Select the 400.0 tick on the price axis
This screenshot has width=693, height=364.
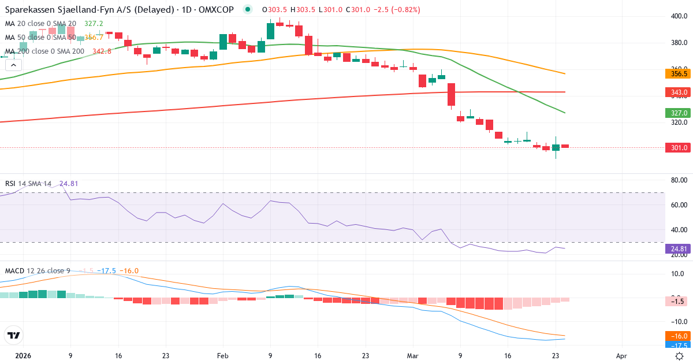click(679, 16)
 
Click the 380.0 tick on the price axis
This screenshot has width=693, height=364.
click(679, 43)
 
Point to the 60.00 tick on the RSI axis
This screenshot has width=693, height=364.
click(679, 205)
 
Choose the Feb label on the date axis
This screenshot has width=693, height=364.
click(222, 356)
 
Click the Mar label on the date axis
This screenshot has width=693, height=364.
click(412, 356)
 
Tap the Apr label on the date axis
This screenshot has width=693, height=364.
click(621, 356)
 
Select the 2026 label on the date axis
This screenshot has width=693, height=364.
click(23, 356)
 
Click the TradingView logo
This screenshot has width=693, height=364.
click(14, 335)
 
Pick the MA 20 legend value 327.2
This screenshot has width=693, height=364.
click(94, 24)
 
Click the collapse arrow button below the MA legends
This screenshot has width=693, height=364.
click(12, 65)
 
